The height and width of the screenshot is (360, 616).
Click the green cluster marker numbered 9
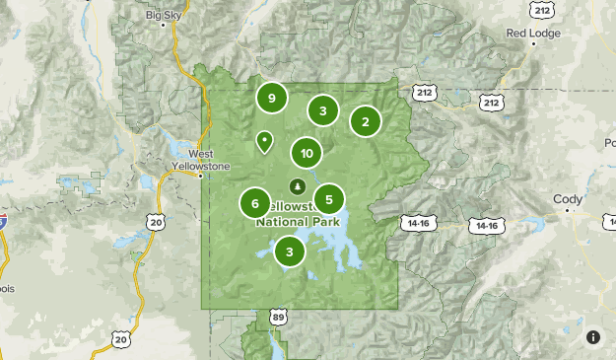(271, 98)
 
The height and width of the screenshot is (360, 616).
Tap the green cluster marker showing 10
(307, 153)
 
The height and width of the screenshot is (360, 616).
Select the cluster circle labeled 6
(255, 204)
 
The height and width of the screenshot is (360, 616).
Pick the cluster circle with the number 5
(329, 199)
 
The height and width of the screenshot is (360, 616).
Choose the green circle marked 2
(366, 122)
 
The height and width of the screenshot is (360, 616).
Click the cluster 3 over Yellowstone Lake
(290, 252)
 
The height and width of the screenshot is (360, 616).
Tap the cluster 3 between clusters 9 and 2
(323, 110)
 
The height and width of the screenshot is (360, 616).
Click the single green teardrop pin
(264, 142)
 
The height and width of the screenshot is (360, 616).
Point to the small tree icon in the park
(297, 184)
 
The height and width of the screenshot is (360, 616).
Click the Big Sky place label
(165, 16)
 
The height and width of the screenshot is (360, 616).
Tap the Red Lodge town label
(533, 33)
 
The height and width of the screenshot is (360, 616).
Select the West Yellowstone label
(201, 159)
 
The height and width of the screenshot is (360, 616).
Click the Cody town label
(568, 199)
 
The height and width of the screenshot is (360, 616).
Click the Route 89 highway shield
(279, 317)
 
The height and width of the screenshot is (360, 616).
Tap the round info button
(593, 337)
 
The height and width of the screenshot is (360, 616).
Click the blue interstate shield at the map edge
(3, 219)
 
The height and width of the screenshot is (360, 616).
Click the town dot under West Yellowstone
(200, 177)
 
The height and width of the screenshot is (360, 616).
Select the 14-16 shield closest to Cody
(486, 226)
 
